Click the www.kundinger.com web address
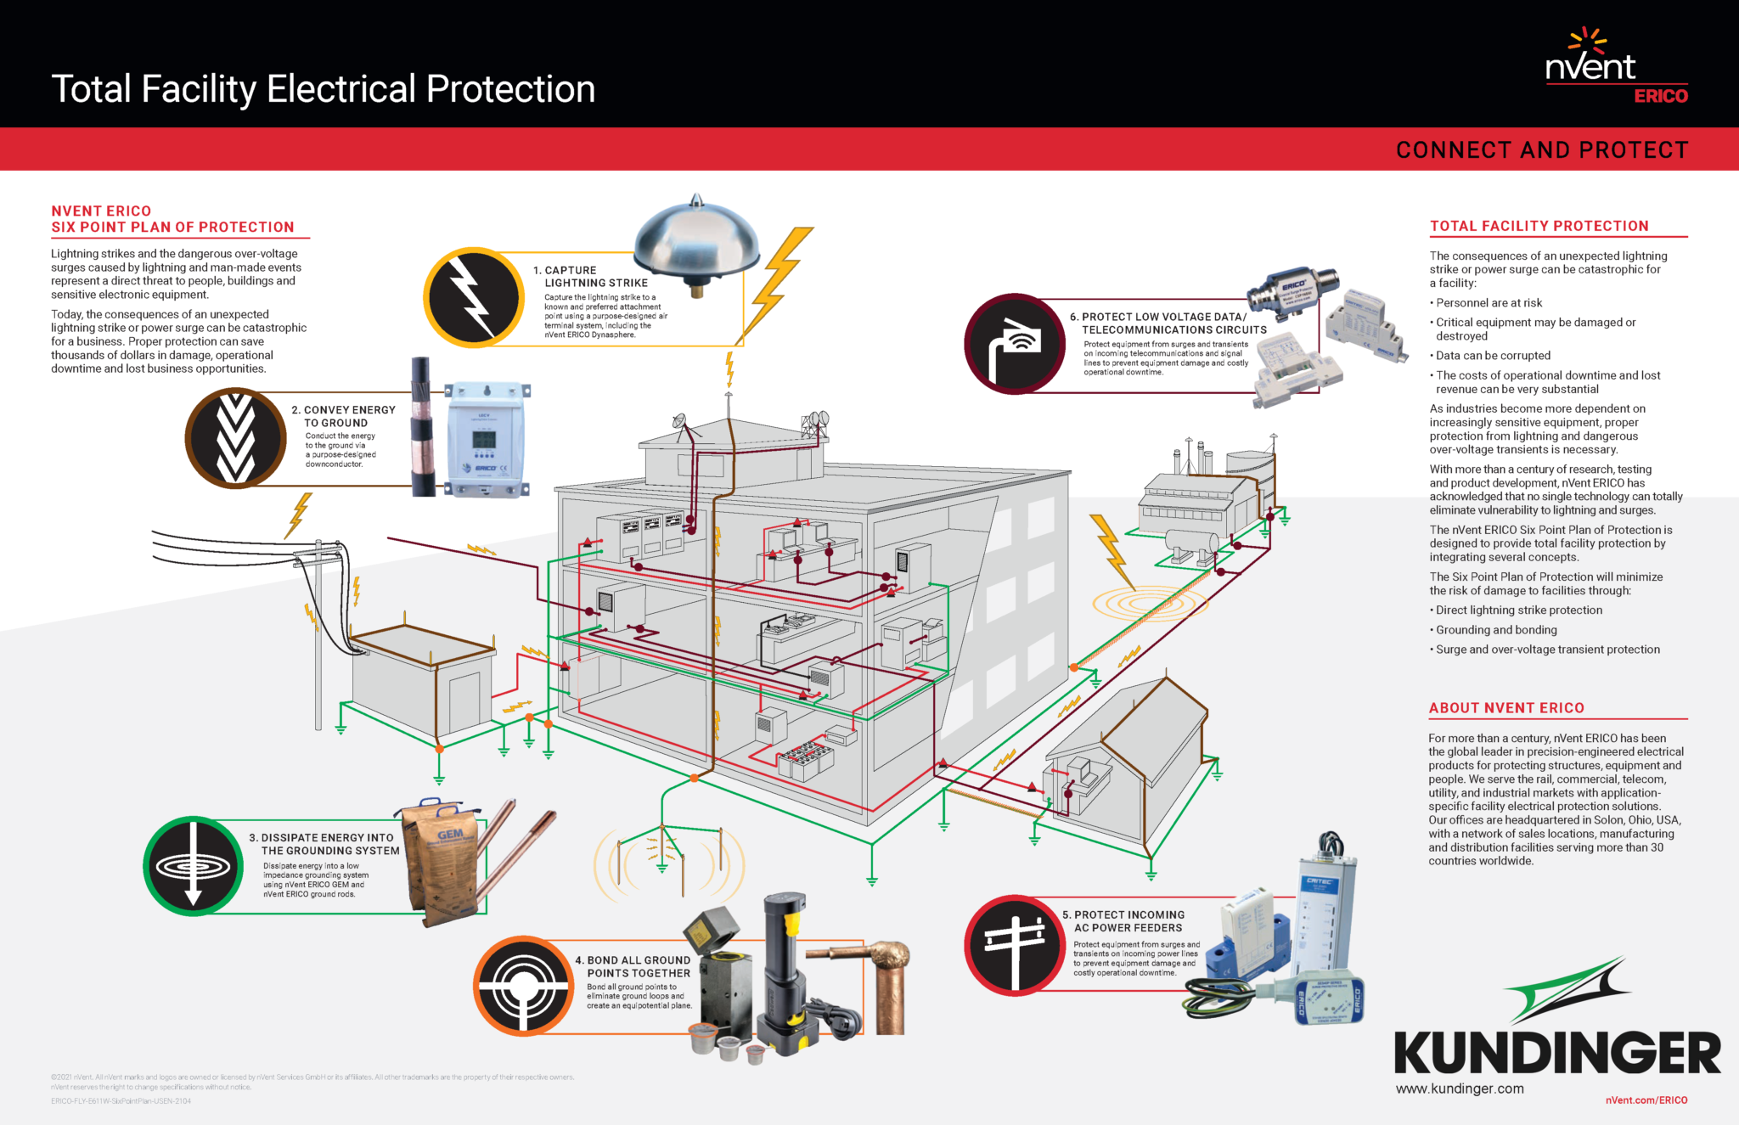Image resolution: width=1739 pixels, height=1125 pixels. click(x=1460, y=1088)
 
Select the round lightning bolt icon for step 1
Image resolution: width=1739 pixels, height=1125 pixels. click(x=473, y=298)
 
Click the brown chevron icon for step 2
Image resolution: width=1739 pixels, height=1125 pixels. click(x=235, y=438)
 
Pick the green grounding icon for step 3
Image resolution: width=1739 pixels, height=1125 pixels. click(x=194, y=866)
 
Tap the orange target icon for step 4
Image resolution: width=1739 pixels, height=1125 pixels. click(x=523, y=986)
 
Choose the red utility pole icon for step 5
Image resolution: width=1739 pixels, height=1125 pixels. click(x=1014, y=944)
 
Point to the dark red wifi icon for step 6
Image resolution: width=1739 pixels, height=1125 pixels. click(x=1014, y=344)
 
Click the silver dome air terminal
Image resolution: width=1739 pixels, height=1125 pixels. click(x=695, y=242)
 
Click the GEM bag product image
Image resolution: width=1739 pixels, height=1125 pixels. click(x=442, y=862)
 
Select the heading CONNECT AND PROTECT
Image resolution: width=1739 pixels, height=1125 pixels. click(x=1541, y=150)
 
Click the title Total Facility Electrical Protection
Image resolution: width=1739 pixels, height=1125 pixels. click(x=323, y=89)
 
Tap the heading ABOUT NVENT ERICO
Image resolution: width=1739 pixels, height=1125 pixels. click(x=1506, y=708)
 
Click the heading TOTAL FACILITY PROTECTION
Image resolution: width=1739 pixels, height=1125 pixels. click(x=1539, y=226)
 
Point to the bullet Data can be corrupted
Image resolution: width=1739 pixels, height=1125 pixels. click(x=1493, y=356)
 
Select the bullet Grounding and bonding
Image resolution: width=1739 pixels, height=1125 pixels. click(x=1496, y=630)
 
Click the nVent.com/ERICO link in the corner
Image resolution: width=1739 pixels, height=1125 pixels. click(x=1646, y=1100)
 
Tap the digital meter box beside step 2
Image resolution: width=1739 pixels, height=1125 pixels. click(x=486, y=439)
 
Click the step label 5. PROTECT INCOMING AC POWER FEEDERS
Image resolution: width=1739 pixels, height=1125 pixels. click(x=1128, y=921)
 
